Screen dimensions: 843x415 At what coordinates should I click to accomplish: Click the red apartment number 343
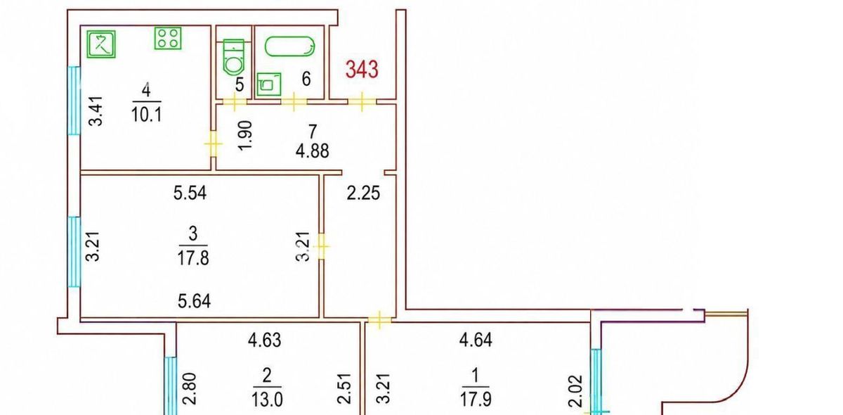362,70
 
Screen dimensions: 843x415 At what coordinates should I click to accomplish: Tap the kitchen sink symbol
101,44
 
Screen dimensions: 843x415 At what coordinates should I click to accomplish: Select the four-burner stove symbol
168,38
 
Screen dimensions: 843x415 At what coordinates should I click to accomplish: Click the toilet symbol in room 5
234,56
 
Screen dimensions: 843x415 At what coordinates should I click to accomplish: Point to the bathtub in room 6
289,46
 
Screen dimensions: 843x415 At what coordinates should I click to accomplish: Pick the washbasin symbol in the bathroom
268,84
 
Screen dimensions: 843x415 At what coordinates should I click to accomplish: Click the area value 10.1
146,114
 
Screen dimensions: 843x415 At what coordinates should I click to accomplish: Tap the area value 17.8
193,258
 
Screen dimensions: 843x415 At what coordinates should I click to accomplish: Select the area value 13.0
267,399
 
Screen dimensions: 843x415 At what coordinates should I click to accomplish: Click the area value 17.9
476,399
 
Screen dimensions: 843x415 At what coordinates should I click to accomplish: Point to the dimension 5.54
190,193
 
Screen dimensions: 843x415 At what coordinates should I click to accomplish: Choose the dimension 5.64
194,301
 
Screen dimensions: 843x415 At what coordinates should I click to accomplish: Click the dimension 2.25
363,193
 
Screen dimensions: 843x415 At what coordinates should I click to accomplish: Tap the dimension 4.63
265,340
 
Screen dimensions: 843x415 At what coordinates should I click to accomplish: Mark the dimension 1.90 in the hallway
245,136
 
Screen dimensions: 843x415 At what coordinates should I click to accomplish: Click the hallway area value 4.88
313,151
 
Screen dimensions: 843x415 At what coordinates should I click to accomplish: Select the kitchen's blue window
74,101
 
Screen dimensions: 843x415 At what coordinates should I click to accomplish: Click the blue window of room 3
74,252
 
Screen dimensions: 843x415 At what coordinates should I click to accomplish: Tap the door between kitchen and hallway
214,143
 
